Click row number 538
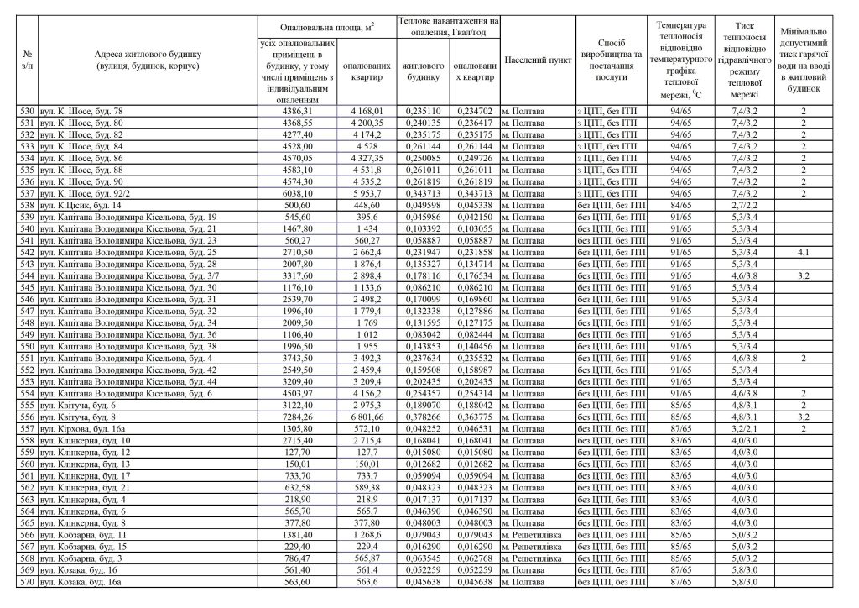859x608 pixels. pos(29,205)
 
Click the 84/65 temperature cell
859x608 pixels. pos(680,205)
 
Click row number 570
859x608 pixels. pos(29,580)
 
